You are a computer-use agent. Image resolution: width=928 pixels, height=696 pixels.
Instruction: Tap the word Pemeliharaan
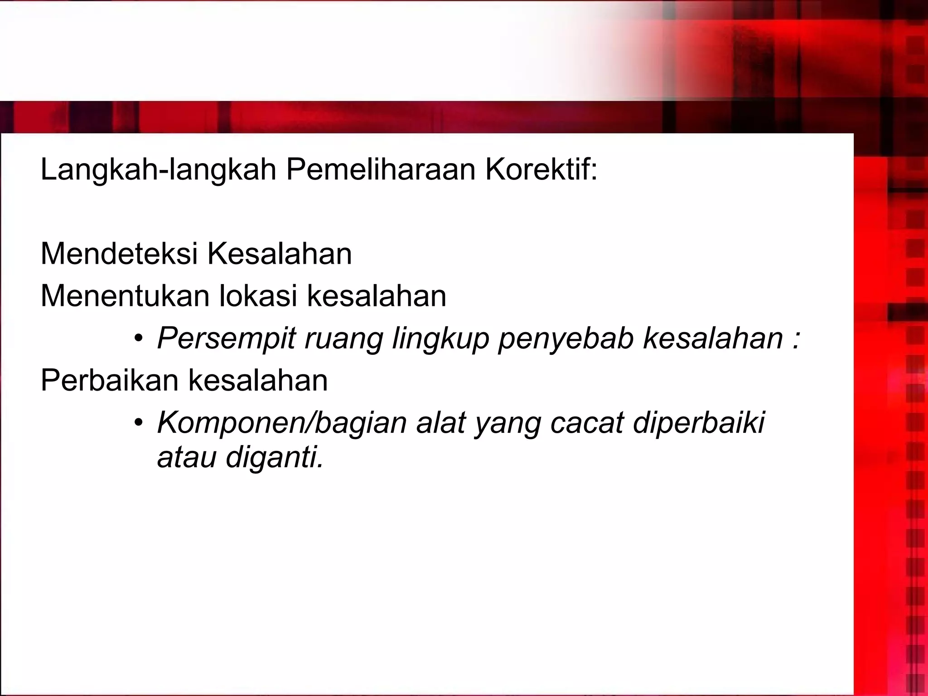tap(381, 170)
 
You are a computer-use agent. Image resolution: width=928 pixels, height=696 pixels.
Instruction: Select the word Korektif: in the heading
tap(541, 170)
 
